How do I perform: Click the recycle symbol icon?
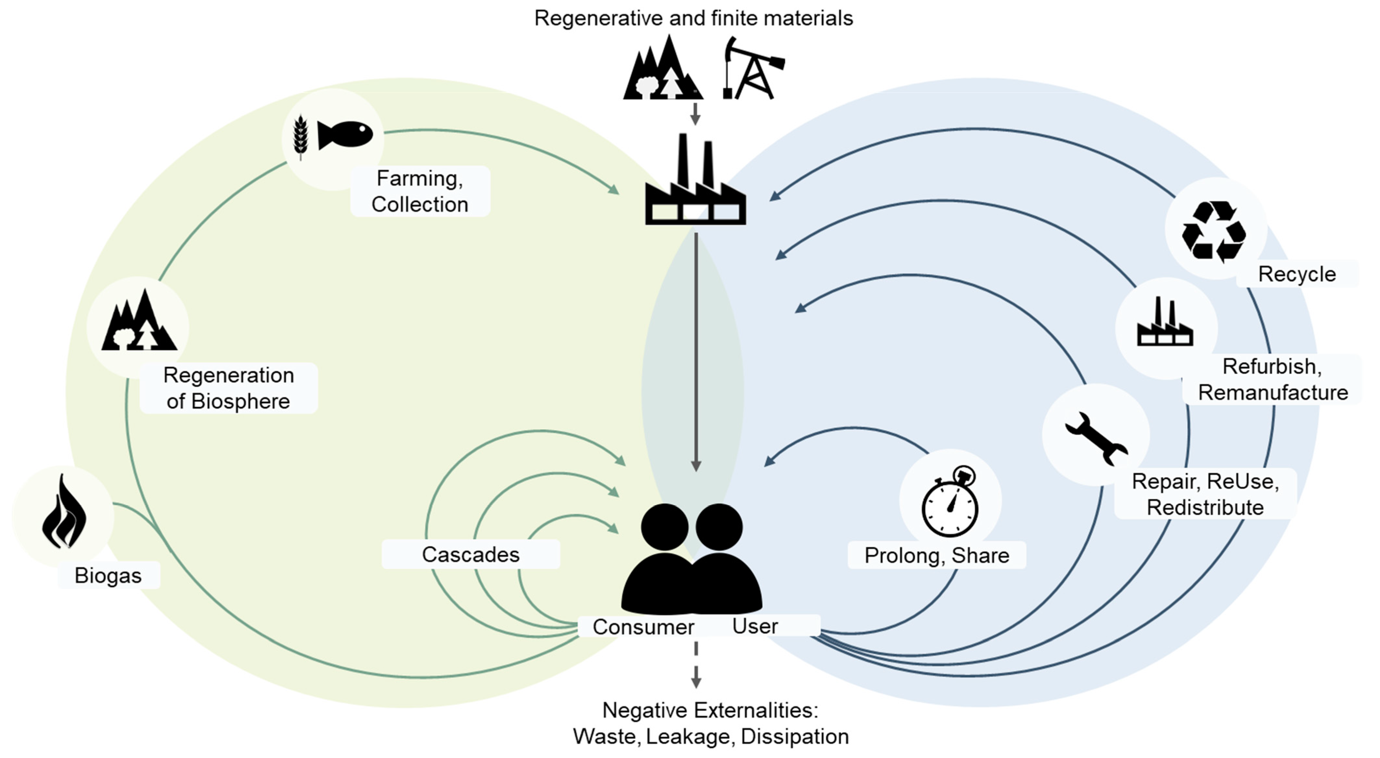pyautogui.click(x=1214, y=231)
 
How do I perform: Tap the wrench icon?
pyautogui.click(x=1096, y=438)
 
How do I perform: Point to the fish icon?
pyautogui.click(x=345, y=134)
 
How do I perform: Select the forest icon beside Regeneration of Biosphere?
pyautogui.click(x=139, y=322)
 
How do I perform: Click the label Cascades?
pyautogui.click(x=470, y=554)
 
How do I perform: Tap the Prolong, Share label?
pyautogui.click(x=936, y=555)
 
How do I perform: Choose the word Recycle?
pyautogui.click(x=1296, y=274)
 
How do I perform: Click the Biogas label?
pyautogui.click(x=108, y=575)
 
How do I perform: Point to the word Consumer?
pyautogui.click(x=643, y=627)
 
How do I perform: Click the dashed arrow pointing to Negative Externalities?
pyautogui.click(x=695, y=665)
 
